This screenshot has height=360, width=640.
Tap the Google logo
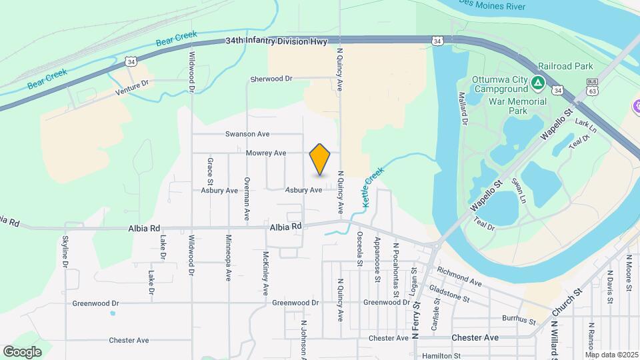[22, 351]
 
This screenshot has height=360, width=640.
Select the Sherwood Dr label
[271, 79]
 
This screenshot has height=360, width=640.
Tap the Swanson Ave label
[247, 134]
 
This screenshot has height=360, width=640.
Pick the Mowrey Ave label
[266, 153]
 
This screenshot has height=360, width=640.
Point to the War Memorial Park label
[517, 107]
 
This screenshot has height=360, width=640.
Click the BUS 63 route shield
[591, 85]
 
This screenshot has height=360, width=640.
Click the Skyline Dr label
[65, 253]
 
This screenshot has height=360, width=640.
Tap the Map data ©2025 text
[612, 354]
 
